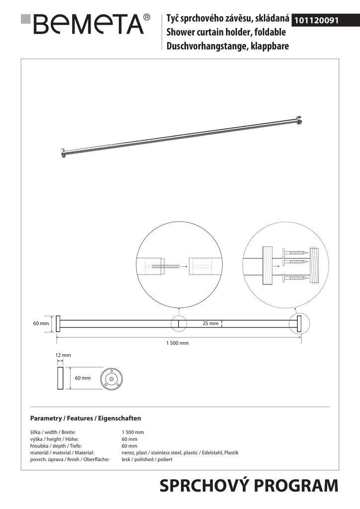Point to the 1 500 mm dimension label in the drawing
click(177, 343)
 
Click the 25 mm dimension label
click(211, 324)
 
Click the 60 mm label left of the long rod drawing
click(41, 324)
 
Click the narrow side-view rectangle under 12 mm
click(60, 380)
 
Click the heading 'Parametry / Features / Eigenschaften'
click(86, 419)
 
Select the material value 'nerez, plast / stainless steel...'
click(180, 453)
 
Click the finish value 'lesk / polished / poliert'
click(147, 460)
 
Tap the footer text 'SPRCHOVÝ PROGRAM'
click(249, 486)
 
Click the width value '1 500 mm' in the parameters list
click(132, 432)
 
